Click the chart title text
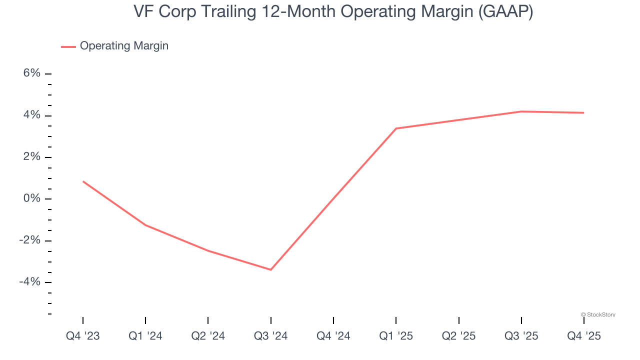tap(333, 12)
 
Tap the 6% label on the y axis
tap(31, 73)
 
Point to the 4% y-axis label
tap(31, 115)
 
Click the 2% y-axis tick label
tap(31, 157)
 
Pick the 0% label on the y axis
tap(31, 199)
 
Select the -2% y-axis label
tap(30, 240)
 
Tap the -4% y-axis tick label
tap(30, 282)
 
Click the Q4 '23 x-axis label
tap(83, 336)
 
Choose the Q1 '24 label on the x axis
tap(145, 336)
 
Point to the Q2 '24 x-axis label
tap(208, 336)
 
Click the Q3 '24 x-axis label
tap(270, 336)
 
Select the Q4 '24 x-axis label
tap(333, 336)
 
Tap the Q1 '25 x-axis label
tap(396, 336)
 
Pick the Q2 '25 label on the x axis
tap(458, 336)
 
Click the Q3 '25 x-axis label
tap(521, 336)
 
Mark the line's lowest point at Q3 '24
tap(270, 269)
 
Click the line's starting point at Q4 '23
tap(83, 181)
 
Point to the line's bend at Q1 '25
tap(396, 128)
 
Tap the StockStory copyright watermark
tap(598, 314)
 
